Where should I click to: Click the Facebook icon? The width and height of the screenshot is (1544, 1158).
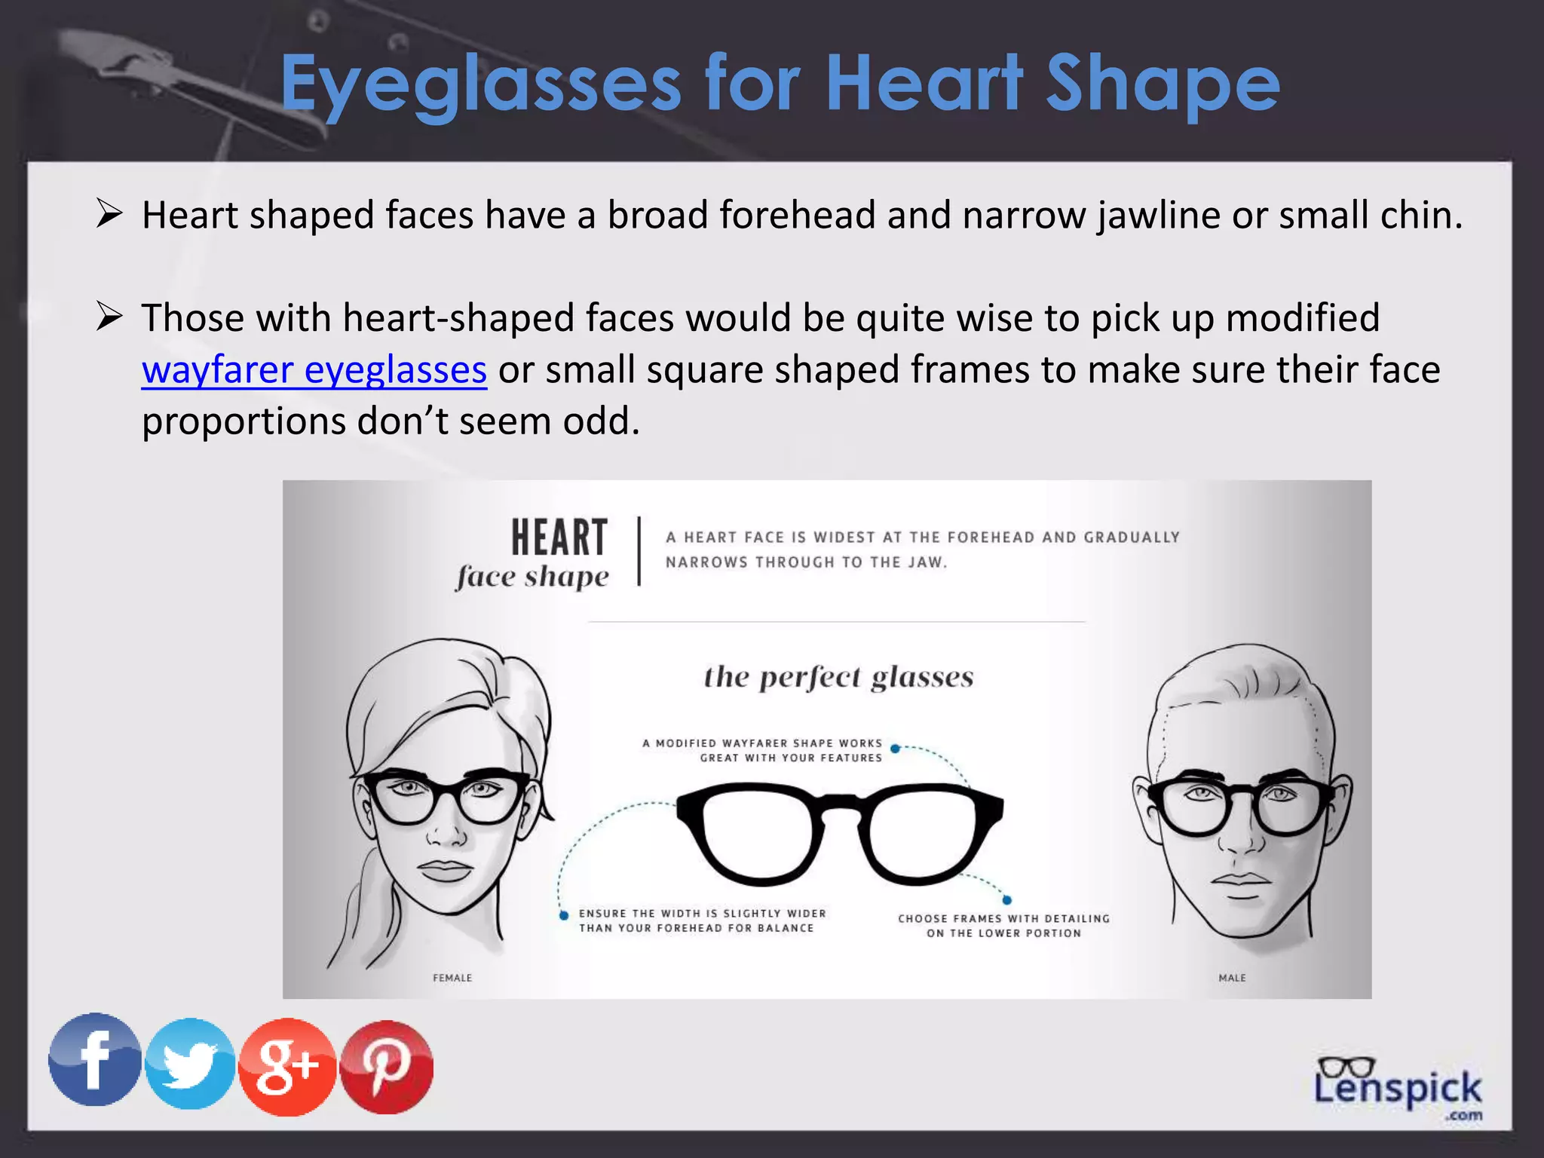[95, 1060]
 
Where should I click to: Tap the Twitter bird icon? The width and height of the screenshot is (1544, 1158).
[190, 1064]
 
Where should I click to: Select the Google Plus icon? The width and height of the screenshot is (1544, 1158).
[287, 1066]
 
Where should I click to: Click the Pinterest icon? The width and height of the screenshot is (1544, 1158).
[387, 1067]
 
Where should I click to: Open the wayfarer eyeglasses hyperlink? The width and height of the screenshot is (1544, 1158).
[314, 370]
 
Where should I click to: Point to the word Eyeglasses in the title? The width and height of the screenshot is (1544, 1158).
[481, 84]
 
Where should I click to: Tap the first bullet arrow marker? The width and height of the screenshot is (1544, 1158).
[109, 214]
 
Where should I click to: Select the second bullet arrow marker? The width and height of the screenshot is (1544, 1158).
[109, 317]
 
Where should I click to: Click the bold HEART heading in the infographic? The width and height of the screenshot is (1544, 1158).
[559, 537]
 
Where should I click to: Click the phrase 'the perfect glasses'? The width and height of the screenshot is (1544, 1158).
[838, 677]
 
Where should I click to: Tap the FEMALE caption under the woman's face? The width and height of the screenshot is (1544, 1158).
[452, 978]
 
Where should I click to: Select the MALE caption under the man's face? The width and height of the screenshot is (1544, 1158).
[1233, 978]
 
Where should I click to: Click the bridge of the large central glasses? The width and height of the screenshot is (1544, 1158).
[840, 807]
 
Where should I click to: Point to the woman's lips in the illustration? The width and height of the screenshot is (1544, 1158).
[444, 871]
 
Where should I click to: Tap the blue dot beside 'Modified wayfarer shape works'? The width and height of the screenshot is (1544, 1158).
[895, 749]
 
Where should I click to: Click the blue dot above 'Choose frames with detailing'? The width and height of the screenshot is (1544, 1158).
[1007, 899]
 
